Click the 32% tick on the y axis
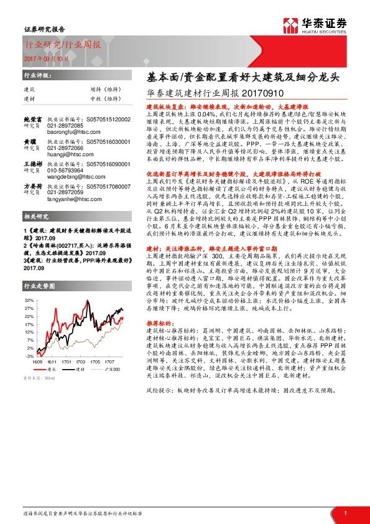(30, 300)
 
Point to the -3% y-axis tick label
(30, 358)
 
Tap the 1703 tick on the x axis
(82, 361)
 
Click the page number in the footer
(345, 513)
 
